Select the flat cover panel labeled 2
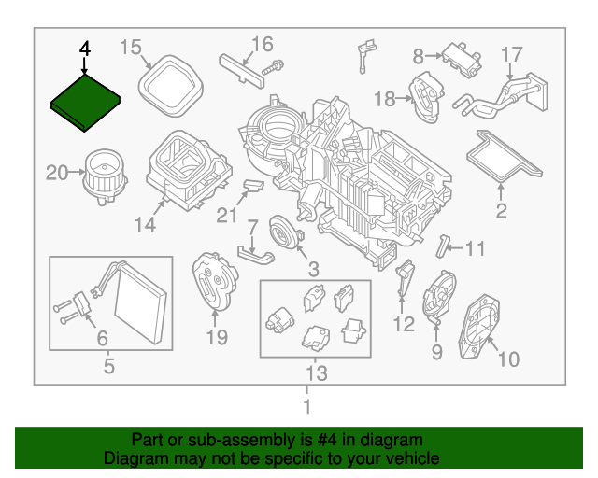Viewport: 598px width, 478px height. coord(505,156)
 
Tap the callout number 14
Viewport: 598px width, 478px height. coord(144,224)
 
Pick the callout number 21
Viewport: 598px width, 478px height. coord(226,217)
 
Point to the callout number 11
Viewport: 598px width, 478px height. coord(476,249)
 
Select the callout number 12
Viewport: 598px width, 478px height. coord(403,325)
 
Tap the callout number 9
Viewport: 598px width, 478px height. coord(436,352)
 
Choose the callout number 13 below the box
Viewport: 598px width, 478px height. coord(314,374)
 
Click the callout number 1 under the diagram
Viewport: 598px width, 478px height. coord(306,407)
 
